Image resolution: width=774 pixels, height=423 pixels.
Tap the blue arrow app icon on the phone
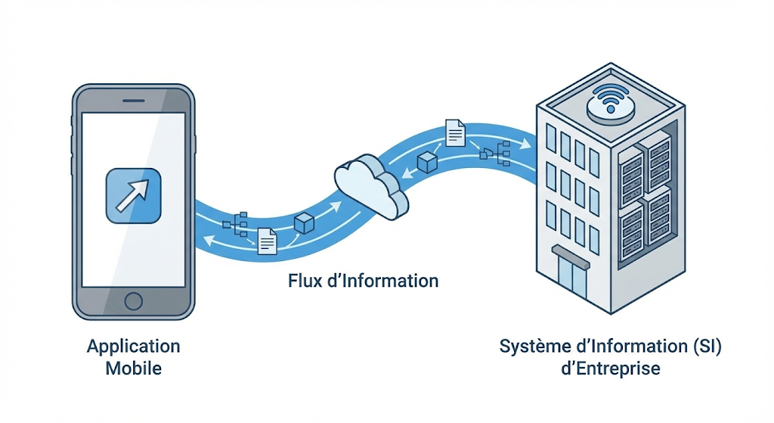coord(133,196)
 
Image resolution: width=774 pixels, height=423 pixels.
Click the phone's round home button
coord(133,301)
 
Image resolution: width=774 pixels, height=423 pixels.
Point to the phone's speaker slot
coord(133,101)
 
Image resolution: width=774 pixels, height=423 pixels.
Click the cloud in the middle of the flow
coord(371,186)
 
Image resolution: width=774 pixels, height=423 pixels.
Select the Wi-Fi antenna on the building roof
coord(611,103)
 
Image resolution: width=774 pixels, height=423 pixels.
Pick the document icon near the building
coord(455,132)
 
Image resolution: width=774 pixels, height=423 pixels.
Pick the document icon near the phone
coord(267,241)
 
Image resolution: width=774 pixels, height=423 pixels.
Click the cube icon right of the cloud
coord(428,162)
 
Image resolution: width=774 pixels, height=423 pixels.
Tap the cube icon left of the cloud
coord(304,223)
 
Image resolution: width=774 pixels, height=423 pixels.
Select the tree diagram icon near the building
coord(495,153)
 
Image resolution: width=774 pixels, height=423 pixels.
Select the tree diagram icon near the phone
coord(235,224)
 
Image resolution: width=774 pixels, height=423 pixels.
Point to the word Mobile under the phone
coord(133,369)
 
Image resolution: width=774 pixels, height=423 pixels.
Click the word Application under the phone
coord(133,347)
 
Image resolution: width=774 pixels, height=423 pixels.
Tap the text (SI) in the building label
coord(707,347)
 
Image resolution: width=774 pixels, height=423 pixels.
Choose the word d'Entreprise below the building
coord(611,369)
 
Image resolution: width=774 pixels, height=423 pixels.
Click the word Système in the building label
coord(535,347)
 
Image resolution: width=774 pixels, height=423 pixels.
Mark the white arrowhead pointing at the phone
coord(210,241)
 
